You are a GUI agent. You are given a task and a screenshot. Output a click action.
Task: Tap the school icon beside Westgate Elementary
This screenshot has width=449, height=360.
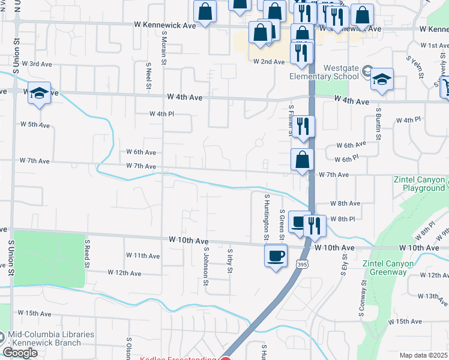click(382, 80)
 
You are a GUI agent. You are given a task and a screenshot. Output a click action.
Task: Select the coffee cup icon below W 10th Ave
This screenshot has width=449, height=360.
click(276, 256)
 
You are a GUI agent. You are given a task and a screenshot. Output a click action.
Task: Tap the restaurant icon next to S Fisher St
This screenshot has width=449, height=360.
click(303, 127)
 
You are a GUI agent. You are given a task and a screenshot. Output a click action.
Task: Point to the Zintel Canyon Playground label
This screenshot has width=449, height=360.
click(420, 184)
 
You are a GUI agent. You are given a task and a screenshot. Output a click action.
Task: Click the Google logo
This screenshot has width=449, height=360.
click(20, 353)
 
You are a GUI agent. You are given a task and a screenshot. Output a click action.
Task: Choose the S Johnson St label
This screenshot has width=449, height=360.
click(205, 263)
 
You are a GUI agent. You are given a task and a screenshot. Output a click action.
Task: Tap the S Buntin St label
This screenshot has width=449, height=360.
click(379, 123)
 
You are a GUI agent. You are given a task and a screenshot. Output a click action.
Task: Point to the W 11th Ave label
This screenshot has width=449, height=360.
click(144, 256)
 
